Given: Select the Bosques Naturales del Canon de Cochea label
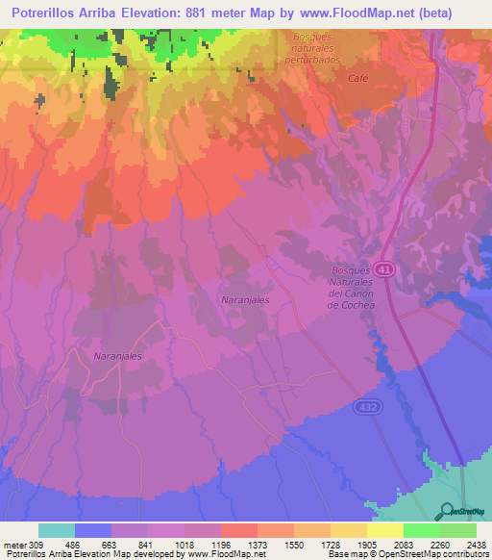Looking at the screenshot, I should click(350, 289).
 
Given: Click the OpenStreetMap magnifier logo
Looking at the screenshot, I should click(447, 511).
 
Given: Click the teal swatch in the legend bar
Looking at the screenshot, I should click(56, 531).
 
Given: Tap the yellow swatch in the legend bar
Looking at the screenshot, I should click(385, 531).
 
